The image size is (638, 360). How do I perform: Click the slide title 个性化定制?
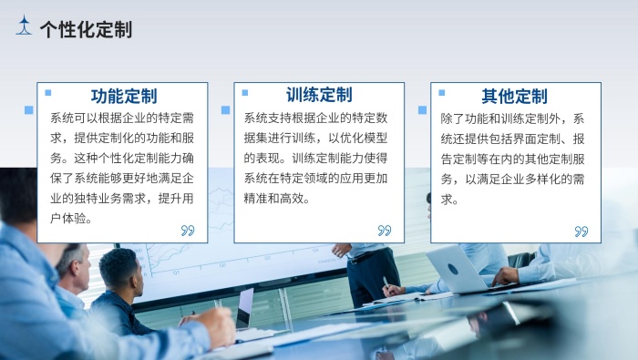pyautogui.click(x=86, y=30)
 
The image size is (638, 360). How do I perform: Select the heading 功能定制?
pyautogui.click(x=124, y=96)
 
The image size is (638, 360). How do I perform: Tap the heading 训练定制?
pyautogui.click(x=319, y=95)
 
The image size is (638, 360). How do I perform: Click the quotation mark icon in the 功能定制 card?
pyautogui.click(x=188, y=231)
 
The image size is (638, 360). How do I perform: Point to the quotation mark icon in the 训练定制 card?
pyautogui.click(x=384, y=231)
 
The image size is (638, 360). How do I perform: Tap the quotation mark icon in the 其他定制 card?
pyautogui.click(x=581, y=231)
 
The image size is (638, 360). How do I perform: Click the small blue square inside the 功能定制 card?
pyautogui.click(x=48, y=92)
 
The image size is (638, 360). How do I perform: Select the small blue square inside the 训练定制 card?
pyautogui.click(x=244, y=92)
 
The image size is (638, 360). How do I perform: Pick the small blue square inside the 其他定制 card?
pyautogui.click(x=440, y=92)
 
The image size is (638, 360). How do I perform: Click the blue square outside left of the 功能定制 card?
pyautogui.click(x=29, y=110)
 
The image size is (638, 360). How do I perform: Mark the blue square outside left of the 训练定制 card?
pyautogui.click(x=225, y=110)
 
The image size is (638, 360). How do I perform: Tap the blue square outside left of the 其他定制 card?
pyautogui.click(x=422, y=110)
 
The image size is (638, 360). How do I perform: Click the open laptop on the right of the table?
pyautogui.click(x=456, y=269)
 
